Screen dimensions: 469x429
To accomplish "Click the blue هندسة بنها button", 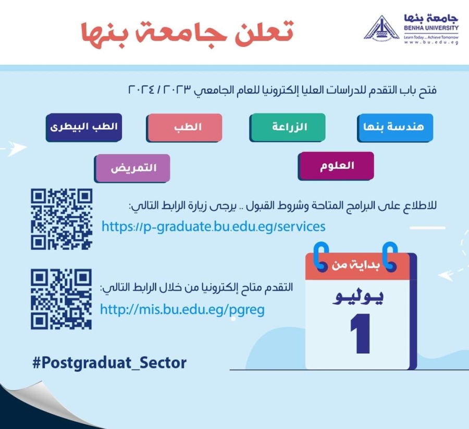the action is [395, 127].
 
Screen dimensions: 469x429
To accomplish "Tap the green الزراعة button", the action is [288, 127].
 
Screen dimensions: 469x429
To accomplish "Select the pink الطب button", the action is [184, 127].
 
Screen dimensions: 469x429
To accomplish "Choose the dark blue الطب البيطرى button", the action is [84, 127].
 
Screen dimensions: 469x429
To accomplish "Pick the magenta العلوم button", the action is [336, 166].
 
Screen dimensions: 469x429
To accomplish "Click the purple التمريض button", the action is [132, 168].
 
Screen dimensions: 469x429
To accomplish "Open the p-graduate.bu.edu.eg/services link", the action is [213, 226].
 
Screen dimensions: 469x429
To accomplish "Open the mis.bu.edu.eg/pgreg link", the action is [182, 309].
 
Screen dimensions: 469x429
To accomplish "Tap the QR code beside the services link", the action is [61, 219].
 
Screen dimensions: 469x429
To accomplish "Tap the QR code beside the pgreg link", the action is [61, 299].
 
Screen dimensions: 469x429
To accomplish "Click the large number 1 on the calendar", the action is [361, 333].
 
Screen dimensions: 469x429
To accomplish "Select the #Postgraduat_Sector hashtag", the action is [109, 363].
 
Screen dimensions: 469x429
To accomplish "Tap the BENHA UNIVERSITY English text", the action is [431, 28].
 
